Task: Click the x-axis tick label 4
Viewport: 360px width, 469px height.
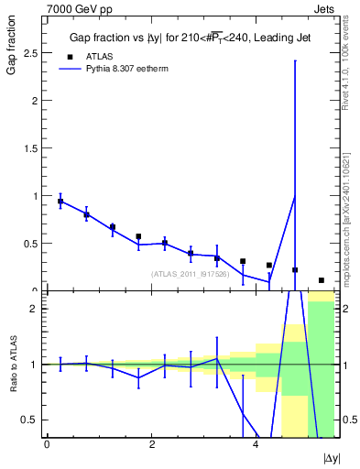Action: tap(256, 443)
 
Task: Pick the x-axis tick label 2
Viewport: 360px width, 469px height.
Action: tap(151, 443)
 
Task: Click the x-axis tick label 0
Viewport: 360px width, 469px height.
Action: tap(47, 443)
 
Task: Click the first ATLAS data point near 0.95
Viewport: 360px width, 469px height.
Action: tap(60, 201)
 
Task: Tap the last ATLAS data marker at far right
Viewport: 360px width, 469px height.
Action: tap(322, 280)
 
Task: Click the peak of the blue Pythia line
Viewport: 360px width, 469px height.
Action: tap(295, 196)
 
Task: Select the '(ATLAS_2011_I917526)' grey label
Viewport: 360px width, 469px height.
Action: tap(190, 274)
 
